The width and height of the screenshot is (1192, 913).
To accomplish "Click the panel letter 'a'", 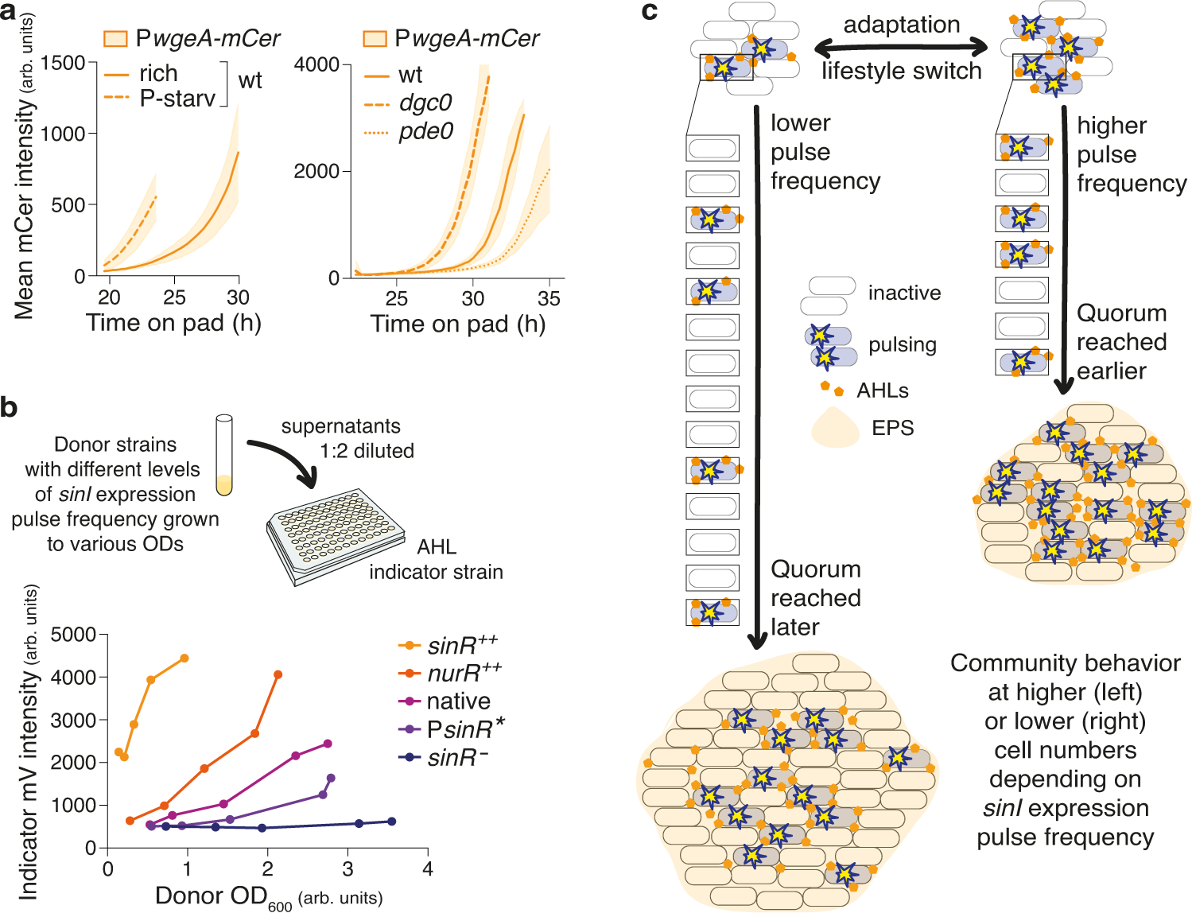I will (9, 14).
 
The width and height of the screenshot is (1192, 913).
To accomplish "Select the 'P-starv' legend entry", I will (177, 99).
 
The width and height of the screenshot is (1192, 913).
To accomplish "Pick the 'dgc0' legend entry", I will (425, 103).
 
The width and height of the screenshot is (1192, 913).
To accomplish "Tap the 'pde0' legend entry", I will (425, 131).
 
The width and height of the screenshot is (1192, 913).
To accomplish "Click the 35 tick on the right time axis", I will (549, 299).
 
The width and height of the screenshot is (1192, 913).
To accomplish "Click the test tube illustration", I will (224, 455).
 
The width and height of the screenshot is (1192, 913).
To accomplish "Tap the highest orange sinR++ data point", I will (184, 659).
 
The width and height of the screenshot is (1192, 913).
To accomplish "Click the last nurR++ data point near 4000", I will (278, 675).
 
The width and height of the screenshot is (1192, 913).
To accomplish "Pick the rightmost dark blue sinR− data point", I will (391, 822).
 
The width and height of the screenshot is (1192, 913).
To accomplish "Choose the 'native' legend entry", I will (458, 701).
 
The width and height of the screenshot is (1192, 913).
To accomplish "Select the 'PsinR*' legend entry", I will (465, 729).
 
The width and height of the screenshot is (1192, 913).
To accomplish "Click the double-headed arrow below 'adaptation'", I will (902, 47).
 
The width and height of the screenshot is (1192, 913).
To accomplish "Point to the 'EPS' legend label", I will (892, 428).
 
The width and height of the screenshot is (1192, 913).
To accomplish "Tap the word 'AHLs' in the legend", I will (882, 390).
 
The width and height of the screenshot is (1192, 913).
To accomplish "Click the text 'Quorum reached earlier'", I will (1121, 342).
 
